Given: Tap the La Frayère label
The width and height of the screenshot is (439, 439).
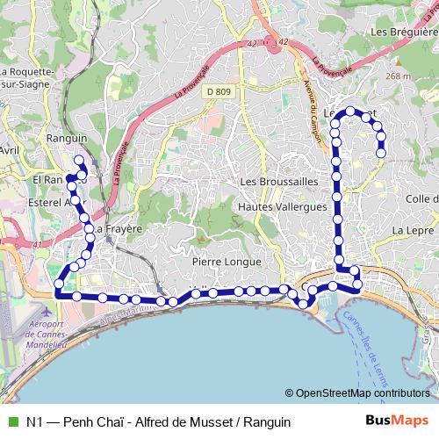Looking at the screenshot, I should click(x=118, y=227).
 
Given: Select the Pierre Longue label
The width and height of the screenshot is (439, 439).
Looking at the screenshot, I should click(x=227, y=262).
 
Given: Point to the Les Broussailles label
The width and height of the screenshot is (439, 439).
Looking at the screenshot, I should click(x=277, y=181).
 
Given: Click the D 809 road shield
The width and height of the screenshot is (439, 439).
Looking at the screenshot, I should click(x=220, y=91).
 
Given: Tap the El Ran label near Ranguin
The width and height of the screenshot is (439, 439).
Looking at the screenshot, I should click(x=48, y=180).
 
